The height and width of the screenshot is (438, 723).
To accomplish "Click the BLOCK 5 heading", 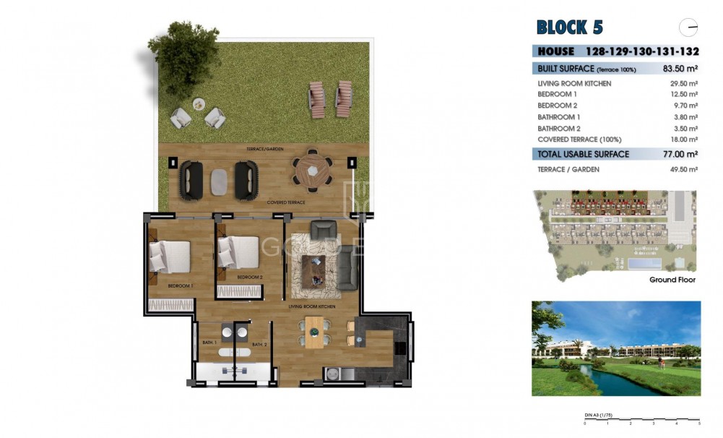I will click(x=569, y=27).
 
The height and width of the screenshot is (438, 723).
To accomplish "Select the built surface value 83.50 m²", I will click(x=680, y=69).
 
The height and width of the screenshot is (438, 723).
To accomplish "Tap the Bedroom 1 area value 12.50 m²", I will click(x=683, y=95).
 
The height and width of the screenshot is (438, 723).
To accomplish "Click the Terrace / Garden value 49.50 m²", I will click(x=683, y=169).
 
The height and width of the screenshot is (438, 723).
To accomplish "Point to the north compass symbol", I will click(x=689, y=27).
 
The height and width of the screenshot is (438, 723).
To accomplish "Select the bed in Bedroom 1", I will click(x=170, y=257).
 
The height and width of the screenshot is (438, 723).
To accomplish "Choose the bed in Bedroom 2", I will click(x=238, y=252).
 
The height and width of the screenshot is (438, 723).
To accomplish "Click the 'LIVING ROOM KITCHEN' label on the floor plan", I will click(x=312, y=307).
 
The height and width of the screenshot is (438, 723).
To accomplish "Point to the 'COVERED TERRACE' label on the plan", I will click(x=285, y=202).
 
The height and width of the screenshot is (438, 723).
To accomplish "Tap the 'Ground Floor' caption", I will click(x=672, y=280).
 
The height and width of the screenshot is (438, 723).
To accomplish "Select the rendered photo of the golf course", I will click(x=615, y=348).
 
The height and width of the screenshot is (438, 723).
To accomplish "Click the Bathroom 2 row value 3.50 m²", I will click(x=683, y=128).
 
